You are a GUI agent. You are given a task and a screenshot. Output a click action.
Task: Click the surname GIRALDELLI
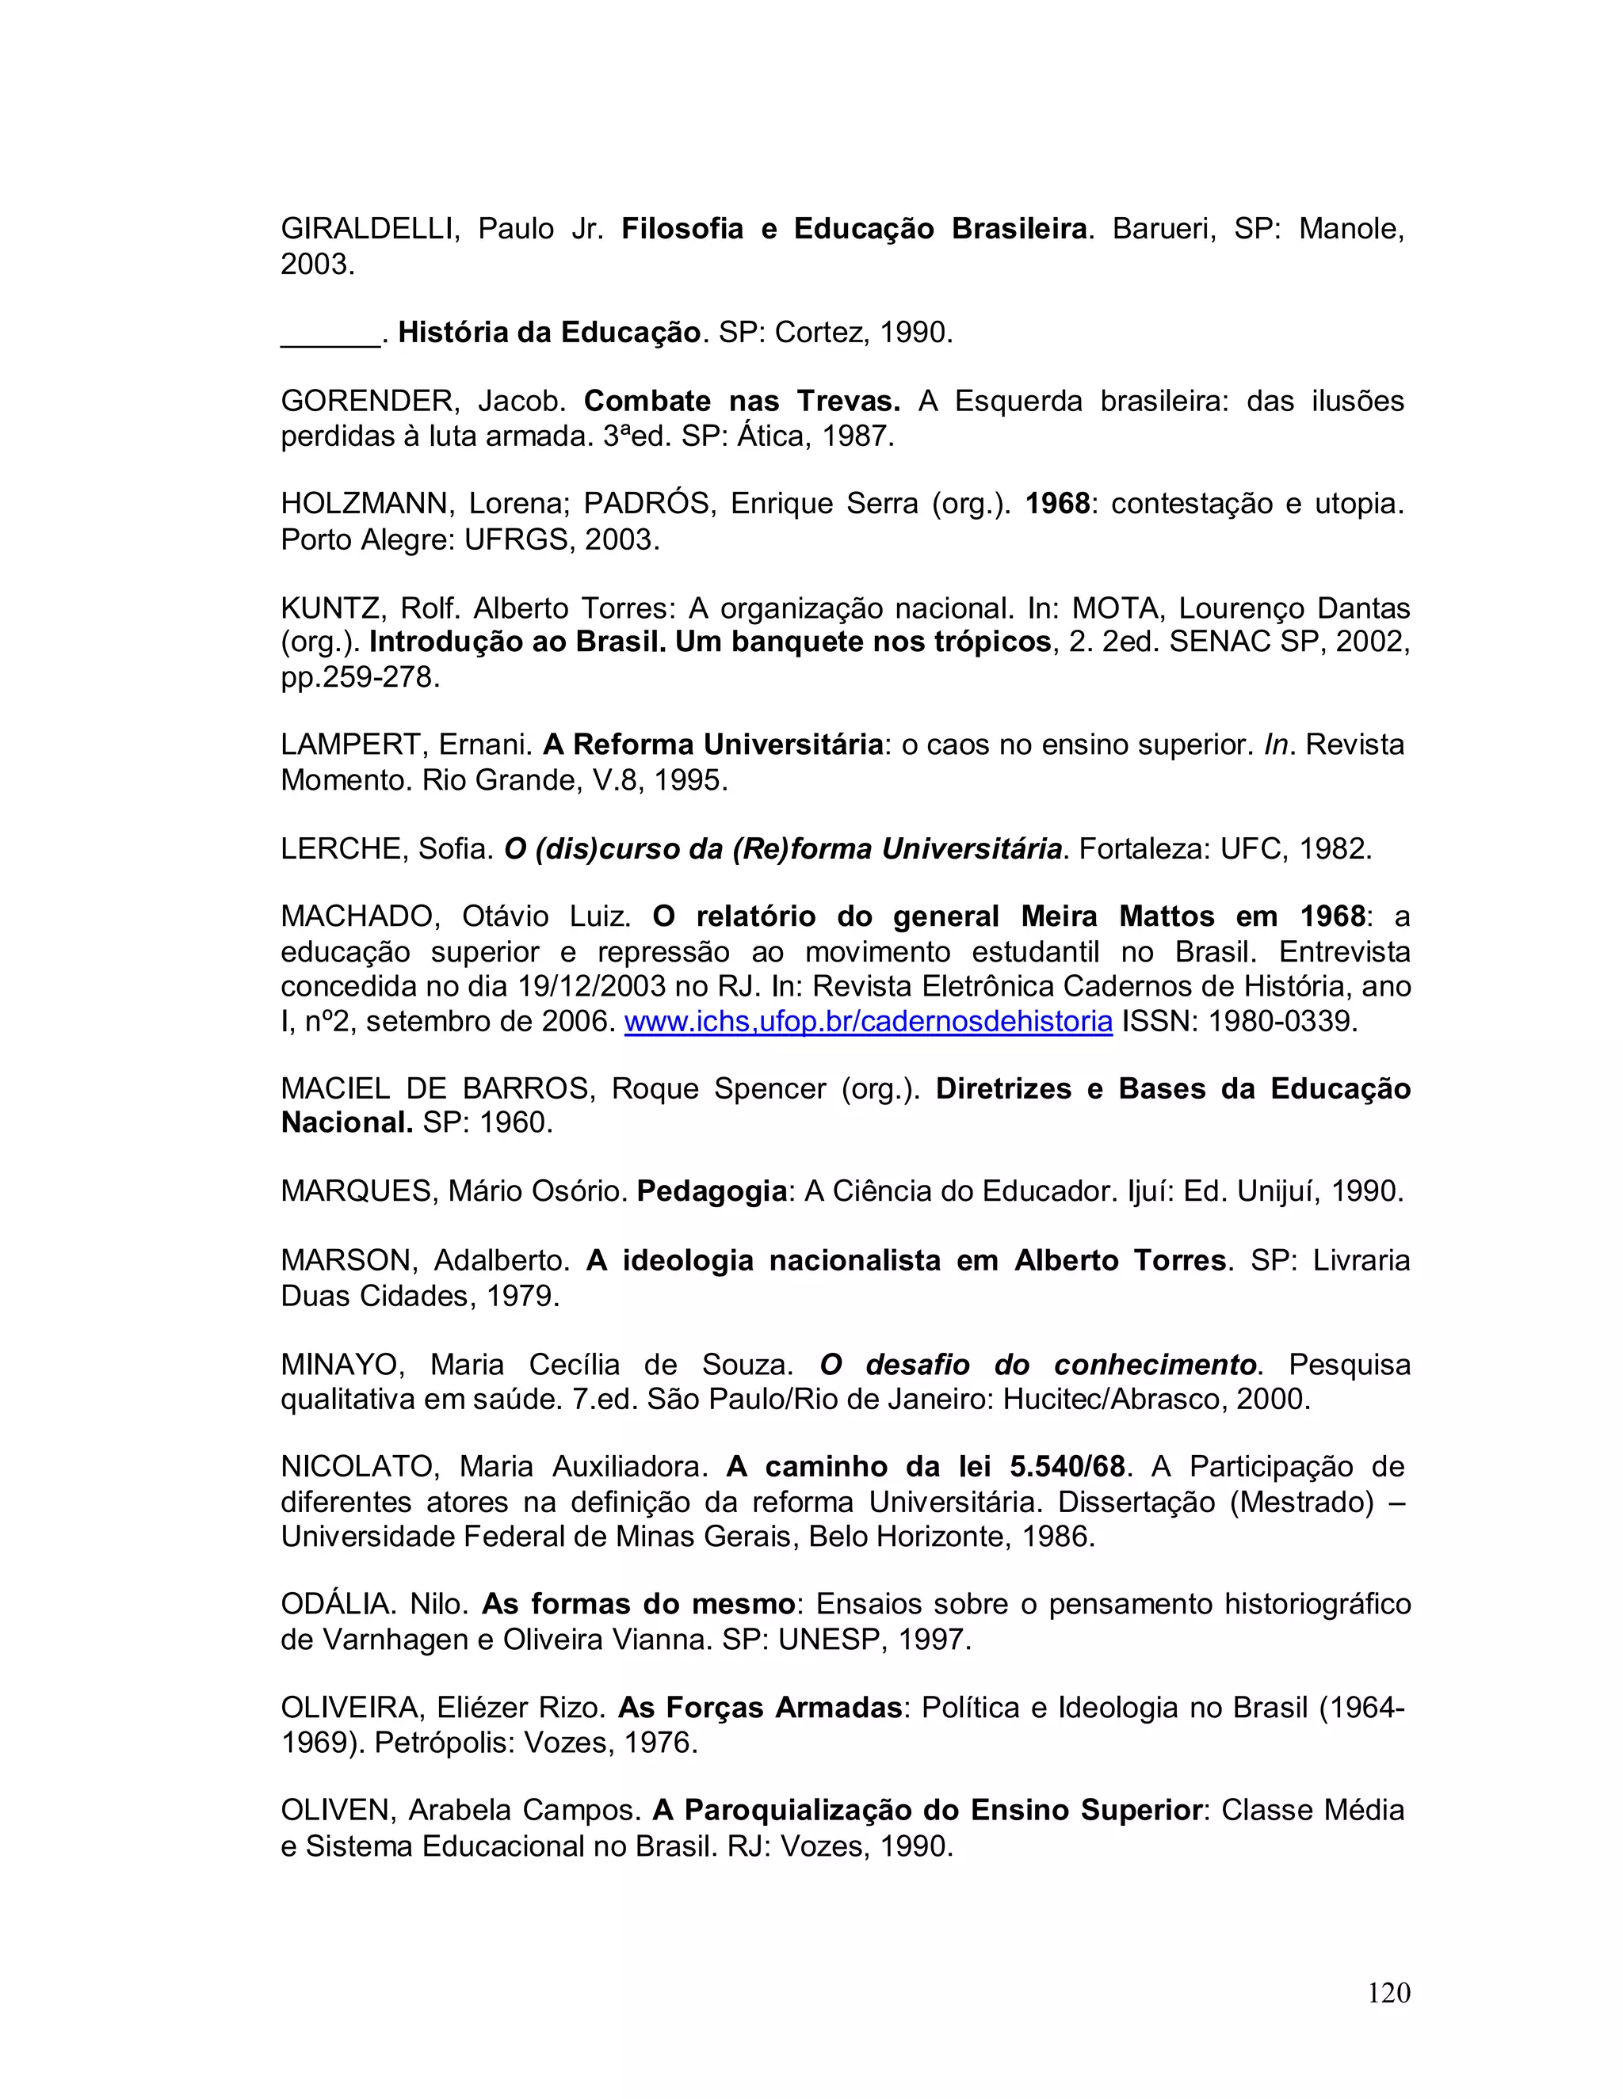tap(365, 229)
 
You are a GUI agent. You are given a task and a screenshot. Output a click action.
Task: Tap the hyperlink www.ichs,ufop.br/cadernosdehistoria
tap(869, 1021)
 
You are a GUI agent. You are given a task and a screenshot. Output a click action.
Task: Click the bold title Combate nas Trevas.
tap(741, 401)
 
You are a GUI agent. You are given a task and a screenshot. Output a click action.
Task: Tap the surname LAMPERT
tap(351, 745)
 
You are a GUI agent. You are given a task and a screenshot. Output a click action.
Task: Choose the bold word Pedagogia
tap(712, 1192)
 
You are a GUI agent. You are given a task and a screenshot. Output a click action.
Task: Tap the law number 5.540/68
tap(1067, 1467)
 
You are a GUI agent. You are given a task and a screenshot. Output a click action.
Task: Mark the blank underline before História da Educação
tap(330, 334)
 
